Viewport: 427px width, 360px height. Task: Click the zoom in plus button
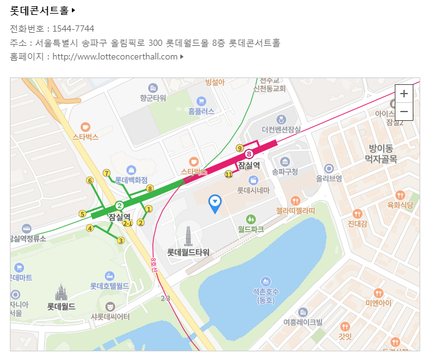403,94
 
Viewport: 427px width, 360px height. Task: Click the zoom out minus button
403,112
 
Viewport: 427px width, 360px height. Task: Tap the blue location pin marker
215,203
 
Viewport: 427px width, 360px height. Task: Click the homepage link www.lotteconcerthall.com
115,57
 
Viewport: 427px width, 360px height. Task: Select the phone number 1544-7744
73,29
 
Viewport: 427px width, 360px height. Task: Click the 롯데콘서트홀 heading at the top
39,11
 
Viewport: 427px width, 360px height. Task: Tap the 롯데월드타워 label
188,252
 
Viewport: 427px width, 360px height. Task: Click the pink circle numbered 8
249,154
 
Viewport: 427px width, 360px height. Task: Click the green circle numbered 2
119,205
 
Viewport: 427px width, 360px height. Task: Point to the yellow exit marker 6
90,181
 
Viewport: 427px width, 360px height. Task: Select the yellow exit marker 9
239,148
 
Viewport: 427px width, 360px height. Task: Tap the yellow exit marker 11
229,175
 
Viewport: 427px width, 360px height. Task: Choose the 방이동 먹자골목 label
381,154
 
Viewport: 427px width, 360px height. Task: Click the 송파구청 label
285,171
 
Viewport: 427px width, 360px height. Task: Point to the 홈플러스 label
201,112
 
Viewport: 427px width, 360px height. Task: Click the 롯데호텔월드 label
109,286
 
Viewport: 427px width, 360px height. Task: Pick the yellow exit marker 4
90,228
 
